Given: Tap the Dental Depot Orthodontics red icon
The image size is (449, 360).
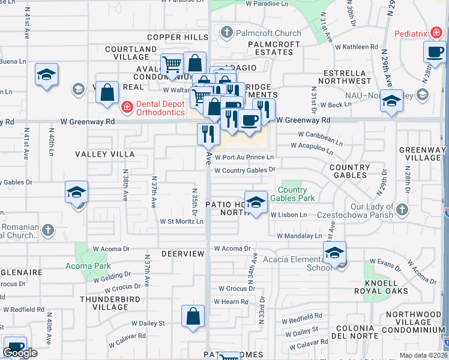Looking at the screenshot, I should (127, 107).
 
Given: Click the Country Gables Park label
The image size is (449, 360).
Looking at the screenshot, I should (292, 194).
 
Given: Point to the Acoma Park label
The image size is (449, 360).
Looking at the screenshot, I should (88, 266).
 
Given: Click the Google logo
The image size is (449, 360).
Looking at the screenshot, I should (20, 353).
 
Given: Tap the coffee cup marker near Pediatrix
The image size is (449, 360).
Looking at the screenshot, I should (435, 53).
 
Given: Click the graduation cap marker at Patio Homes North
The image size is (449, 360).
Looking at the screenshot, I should (256, 203).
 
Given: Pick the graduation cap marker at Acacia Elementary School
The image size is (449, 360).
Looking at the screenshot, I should (334, 253).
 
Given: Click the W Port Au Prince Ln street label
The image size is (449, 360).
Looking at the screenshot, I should (244, 157).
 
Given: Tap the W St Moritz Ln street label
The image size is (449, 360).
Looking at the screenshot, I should (181, 221).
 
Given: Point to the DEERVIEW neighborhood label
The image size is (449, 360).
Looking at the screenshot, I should (183, 254).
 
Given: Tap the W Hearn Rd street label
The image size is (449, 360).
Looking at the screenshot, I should (234, 302).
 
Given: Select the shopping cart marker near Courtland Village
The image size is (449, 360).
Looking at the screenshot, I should (172, 64).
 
